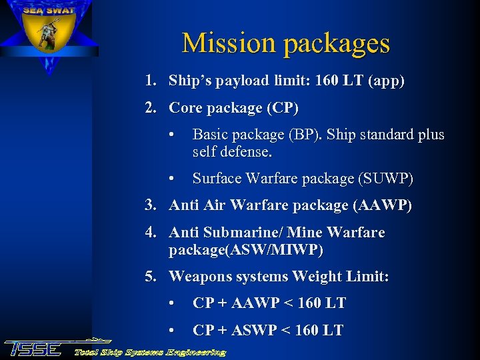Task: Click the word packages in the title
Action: [x=336, y=44]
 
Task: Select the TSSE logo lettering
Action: [x=33, y=348]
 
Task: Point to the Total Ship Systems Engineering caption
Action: [x=150, y=351]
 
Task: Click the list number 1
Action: [x=151, y=81]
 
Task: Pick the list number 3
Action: [x=151, y=206]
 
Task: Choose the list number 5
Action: [x=151, y=276]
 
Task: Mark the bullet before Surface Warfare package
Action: [x=173, y=179]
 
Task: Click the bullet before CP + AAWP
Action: [x=173, y=303]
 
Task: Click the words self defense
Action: [x=232, y=152]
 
